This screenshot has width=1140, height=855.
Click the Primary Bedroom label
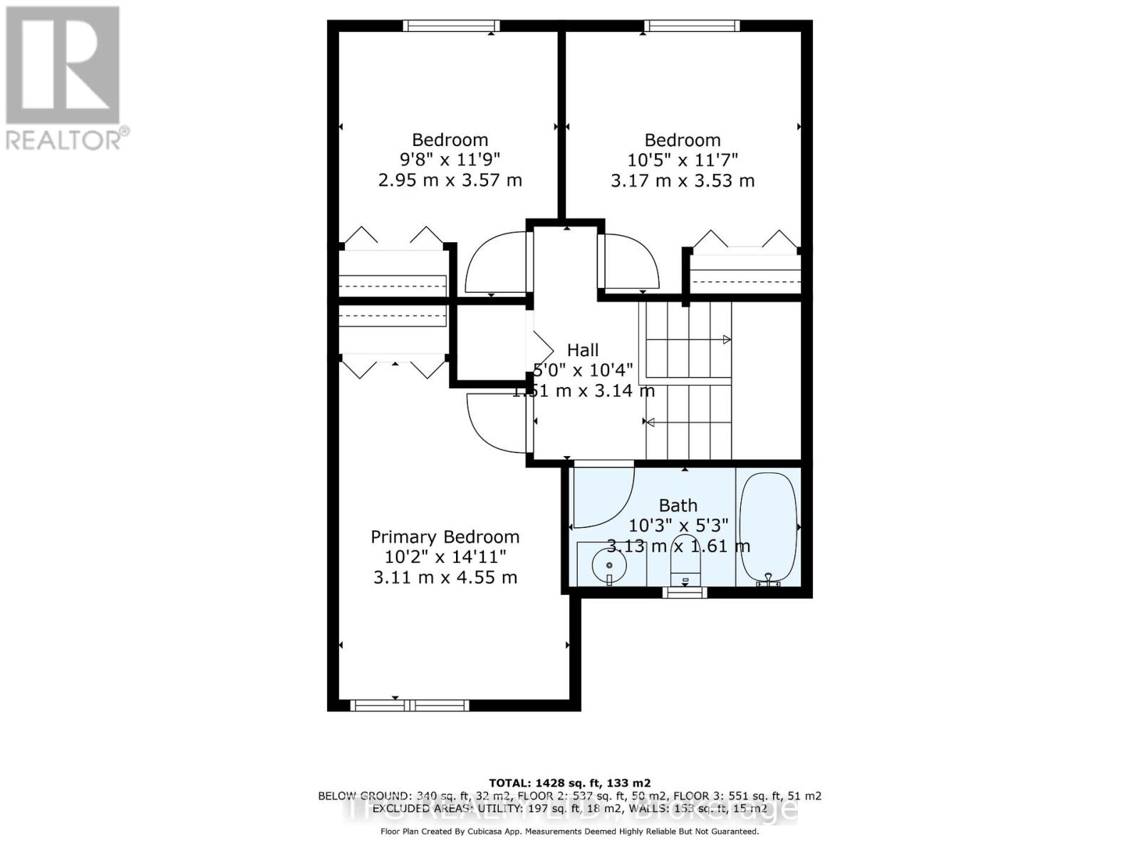coord(445,537)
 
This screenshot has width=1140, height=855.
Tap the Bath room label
coord(678,505)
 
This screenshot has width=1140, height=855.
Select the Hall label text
coord(582,350)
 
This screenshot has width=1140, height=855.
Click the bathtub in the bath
coord(767,527)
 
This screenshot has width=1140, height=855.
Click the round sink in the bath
coord(608,567)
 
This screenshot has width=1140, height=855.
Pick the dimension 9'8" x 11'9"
coord(450,160)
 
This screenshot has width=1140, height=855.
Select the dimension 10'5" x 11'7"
coord(682,160)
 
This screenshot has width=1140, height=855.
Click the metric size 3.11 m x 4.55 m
coord(445,577)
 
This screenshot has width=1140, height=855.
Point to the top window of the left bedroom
coord(451,26)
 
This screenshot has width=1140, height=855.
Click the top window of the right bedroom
coord(692,26)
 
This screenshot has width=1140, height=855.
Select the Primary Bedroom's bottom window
coord(410,705)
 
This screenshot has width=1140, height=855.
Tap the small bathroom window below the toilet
coord(685,592)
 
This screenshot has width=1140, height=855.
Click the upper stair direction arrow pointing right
coord(726,339)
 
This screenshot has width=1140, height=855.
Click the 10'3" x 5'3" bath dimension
coord(678,526)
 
